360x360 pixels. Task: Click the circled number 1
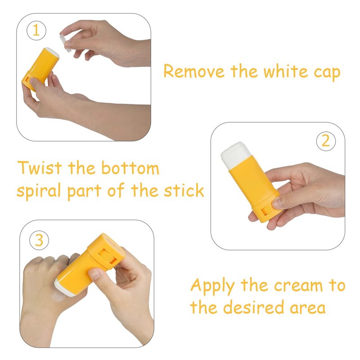coord(36,30)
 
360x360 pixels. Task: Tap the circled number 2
coord(326,141)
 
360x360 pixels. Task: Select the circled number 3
coord(39,240)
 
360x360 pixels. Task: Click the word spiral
coord(39,191)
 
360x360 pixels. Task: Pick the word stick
coord(184,190)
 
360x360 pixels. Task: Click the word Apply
coord(212,286)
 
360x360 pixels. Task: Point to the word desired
coord(254,307)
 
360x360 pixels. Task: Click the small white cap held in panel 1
coord(65,43)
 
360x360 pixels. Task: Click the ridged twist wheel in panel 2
coord(267,211)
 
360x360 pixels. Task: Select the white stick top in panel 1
coord(52,52)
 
